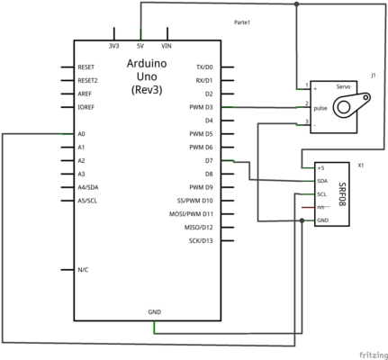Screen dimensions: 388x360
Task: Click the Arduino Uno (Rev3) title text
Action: coord(147,76)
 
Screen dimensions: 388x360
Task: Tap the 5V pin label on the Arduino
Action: coord(140,46)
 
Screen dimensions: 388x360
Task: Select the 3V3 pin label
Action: coord(113,46)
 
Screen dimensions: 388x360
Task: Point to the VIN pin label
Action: coord(167,46)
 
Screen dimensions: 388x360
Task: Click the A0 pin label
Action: coord(81,134)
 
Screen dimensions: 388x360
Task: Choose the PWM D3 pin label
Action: coord(201,107)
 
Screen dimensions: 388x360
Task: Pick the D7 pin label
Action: coord(209,161)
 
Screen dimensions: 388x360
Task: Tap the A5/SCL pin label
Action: coord(87,201)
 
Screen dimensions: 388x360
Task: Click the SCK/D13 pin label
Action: coord(201,241)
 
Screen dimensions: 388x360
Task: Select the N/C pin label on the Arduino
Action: coord(83,270)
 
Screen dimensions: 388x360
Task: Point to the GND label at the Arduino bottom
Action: coord(155,312)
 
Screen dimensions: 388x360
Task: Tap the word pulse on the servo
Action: coord(320,108)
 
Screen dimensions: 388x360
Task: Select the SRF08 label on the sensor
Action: coord(342,194)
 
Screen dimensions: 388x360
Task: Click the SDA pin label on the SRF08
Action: coord(322,181)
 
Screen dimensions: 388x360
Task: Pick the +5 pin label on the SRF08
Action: coord(320,168)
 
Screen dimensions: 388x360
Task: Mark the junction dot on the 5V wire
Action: coord(296,4)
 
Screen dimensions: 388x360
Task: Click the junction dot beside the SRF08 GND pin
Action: coord(302,220)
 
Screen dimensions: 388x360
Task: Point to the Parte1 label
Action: coord(242,22)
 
